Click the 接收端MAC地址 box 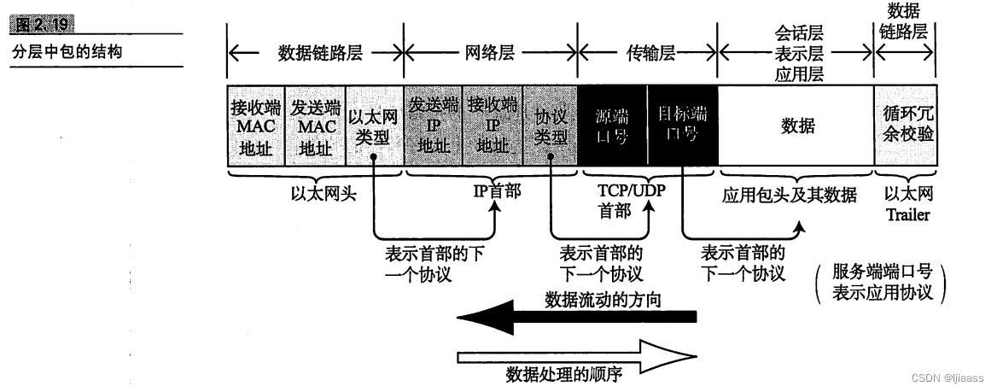(x=255, y=126)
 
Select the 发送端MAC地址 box (x=315, y=126)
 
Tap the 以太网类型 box (x=373, y=126)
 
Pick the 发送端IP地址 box (x=433, y=126)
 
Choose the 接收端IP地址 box (x=492, y=126)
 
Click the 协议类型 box (x=550, y=126)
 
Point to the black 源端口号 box (x=612, y=126)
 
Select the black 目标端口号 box (x=682, y=126)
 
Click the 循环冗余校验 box (x=906, y=126)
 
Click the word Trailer (x=907, y=215)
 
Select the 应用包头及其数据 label (x=789, y=196)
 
